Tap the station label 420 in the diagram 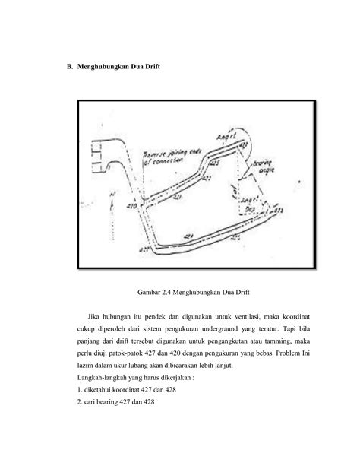[x=131, y=204]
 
